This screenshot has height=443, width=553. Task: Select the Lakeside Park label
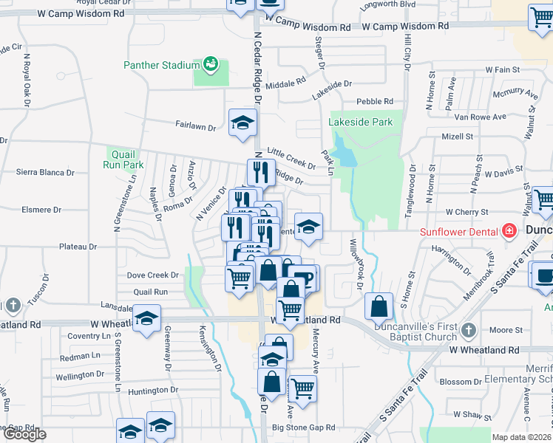(x=361, y=122)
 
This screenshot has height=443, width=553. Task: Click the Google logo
(x=24, y=434)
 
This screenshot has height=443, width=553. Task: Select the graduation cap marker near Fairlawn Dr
(x=242, y=123)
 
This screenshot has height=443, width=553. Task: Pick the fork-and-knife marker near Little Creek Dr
(x=260, y=172)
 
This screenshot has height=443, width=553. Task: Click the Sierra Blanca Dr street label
(x=45, y=172)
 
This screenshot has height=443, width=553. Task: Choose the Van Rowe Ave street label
(x=480, y=117)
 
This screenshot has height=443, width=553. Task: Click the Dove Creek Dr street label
(x=153, y=275)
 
